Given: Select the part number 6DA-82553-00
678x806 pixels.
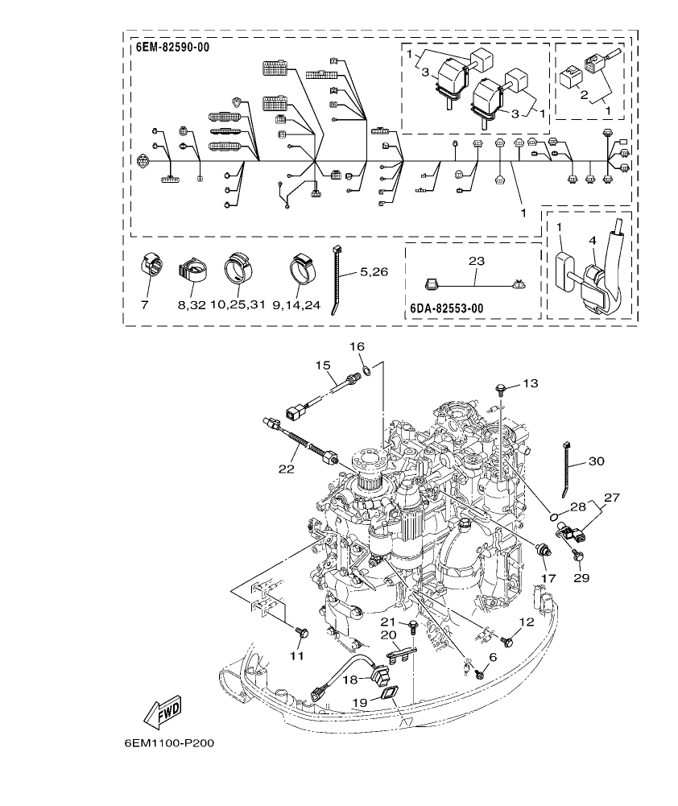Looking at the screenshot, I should point(448,308).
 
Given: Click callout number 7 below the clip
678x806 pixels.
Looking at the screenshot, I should point(145,306).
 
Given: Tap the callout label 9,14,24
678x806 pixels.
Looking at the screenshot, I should point(296,306).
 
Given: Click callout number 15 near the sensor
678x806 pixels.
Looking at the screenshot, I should point(324,366).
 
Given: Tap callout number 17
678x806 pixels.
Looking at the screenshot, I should point(548,578).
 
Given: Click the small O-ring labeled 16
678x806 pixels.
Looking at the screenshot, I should point(366,370).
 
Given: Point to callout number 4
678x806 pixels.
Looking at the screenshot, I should point(591,239).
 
